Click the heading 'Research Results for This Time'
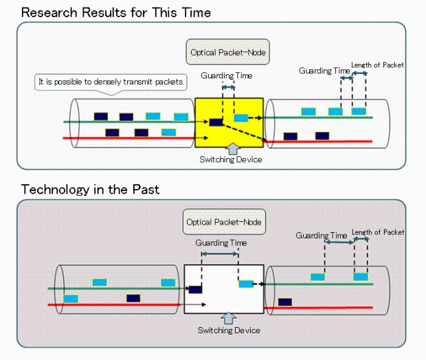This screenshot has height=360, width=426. (x=116, y=13)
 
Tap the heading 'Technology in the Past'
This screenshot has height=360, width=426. (x=90, y=190)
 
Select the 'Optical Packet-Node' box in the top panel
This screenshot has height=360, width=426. (x=227, y=52)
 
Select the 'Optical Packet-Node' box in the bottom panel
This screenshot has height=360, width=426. (x=224, y=222)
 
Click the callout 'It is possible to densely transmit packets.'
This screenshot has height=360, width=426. (x=111, y=82)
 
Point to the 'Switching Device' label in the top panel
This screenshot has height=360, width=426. (x=231, y=159)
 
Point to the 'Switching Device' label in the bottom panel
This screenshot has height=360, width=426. (x=229, y=330)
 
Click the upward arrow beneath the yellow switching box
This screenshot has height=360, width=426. (x=233, y=149)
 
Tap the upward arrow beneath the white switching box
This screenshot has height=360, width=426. (x=229, y=318)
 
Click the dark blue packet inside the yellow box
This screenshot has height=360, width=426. (x=216, y=122)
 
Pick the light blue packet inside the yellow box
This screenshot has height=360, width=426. (x=241, y=118)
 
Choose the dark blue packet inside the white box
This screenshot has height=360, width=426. (x=195, y=289)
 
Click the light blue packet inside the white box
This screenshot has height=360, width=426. (x=246, y=284)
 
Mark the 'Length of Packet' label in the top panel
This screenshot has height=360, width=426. (x=377, y=65)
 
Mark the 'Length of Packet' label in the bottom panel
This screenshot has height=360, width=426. (x=378, y=232)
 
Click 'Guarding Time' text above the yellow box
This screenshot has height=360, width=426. (x=227, y=76)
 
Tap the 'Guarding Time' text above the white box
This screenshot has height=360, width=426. (x=221, y=243)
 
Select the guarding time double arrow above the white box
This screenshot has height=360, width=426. (x=220, y=254)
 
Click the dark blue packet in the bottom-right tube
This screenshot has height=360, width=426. (x=285, y=302)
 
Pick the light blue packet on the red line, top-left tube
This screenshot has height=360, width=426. (x=169, y=133)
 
